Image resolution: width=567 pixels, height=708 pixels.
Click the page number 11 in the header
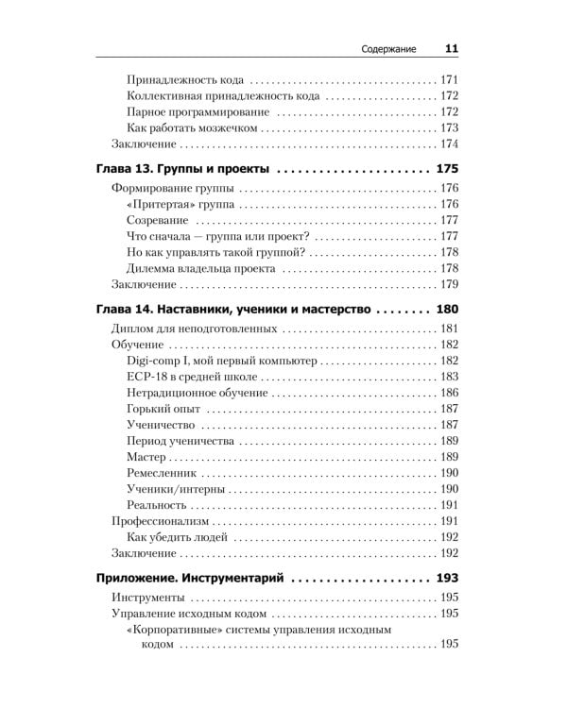pyautogui.click(x=451, y=50)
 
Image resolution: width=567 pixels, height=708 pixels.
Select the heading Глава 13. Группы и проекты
pyautogui.click(x=184, y=169)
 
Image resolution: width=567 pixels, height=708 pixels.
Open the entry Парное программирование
pyautogui.click(x=191, y=111)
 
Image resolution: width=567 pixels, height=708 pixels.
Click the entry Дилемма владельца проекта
pyautogui.click(x=200, y=268)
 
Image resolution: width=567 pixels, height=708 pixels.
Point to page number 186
pyautogui.click(x=449, y=393)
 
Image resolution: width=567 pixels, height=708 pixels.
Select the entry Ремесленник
pyautogui.click(x=160, y=473)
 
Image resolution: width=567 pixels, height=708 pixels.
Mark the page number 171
pyautogui.click(x=449, y=79)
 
